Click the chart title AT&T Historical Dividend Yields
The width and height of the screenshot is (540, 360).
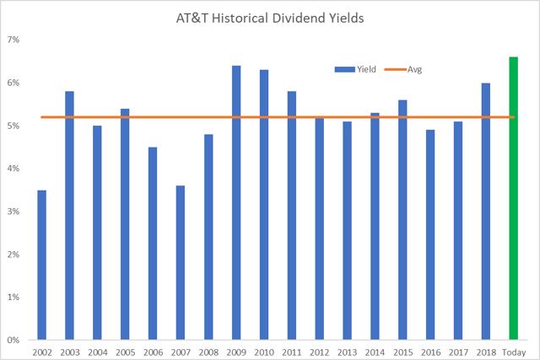270,19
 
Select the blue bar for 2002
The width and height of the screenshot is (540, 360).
41,265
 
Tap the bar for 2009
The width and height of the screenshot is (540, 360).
236,202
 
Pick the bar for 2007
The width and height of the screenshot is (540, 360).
181,263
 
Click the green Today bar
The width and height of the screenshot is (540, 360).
514,199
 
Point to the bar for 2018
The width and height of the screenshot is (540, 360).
486,212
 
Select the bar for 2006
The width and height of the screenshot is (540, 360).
153,244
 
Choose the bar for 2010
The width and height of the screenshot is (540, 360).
264,205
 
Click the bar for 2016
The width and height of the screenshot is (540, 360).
430,235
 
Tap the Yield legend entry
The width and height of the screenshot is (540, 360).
355,69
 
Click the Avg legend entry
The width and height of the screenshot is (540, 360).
403,69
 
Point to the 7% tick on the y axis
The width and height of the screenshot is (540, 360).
13,40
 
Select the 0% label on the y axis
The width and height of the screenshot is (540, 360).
13,340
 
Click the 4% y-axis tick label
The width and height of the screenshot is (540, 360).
13,169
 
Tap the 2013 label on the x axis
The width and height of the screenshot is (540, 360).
347,352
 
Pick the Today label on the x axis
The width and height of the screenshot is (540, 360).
514,352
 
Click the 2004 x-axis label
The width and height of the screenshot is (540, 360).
98,352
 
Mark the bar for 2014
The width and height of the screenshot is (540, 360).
375,227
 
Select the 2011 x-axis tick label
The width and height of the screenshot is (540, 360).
292,352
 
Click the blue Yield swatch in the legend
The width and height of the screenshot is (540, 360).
345,69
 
